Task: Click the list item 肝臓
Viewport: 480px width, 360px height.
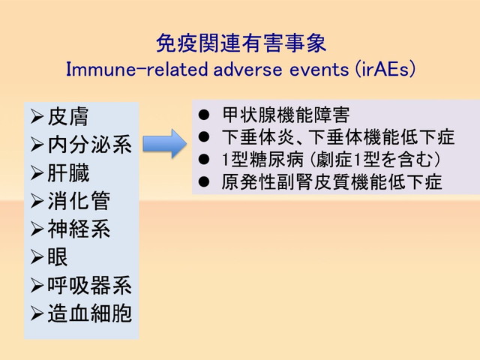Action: [67, 172]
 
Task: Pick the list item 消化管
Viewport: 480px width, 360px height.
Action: [79, 201]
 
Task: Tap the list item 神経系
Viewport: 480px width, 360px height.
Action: [79, 229]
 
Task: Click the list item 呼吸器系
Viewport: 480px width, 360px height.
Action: [89, 285]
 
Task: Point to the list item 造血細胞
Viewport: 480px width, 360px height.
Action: [89, 313]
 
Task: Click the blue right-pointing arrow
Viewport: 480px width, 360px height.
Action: [163, 142]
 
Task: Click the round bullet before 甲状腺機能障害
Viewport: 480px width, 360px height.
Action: [203, 116]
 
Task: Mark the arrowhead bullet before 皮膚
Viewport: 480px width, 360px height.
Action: [37, 117]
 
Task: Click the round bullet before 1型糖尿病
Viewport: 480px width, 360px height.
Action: [203, 160]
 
